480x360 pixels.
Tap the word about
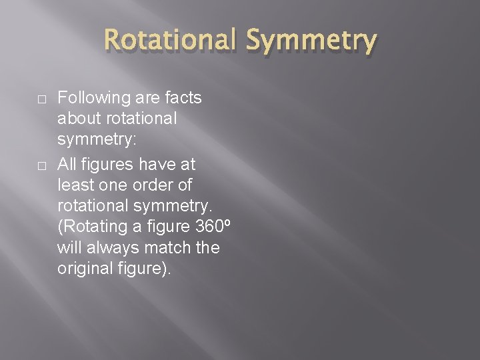[x=77, y=119]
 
